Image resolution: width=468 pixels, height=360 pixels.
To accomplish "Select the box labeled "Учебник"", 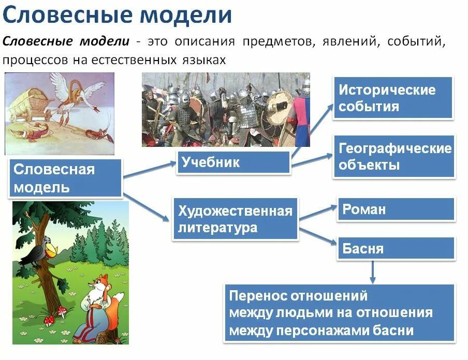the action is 233,162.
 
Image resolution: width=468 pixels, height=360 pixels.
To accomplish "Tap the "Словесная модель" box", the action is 65,178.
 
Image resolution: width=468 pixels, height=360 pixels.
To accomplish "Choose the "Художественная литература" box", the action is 235,219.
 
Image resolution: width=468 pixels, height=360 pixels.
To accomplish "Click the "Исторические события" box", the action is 393,98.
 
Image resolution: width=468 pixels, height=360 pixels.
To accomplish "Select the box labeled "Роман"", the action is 396,209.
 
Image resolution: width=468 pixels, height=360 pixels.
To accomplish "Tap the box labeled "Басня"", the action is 396,248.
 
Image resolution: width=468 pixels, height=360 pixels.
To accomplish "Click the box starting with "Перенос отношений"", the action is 340,313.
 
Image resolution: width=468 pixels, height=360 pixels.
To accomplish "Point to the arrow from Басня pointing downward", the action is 373,271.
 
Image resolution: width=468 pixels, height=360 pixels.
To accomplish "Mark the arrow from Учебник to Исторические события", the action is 313,129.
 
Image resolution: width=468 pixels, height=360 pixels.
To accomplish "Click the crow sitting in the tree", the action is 42,250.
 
